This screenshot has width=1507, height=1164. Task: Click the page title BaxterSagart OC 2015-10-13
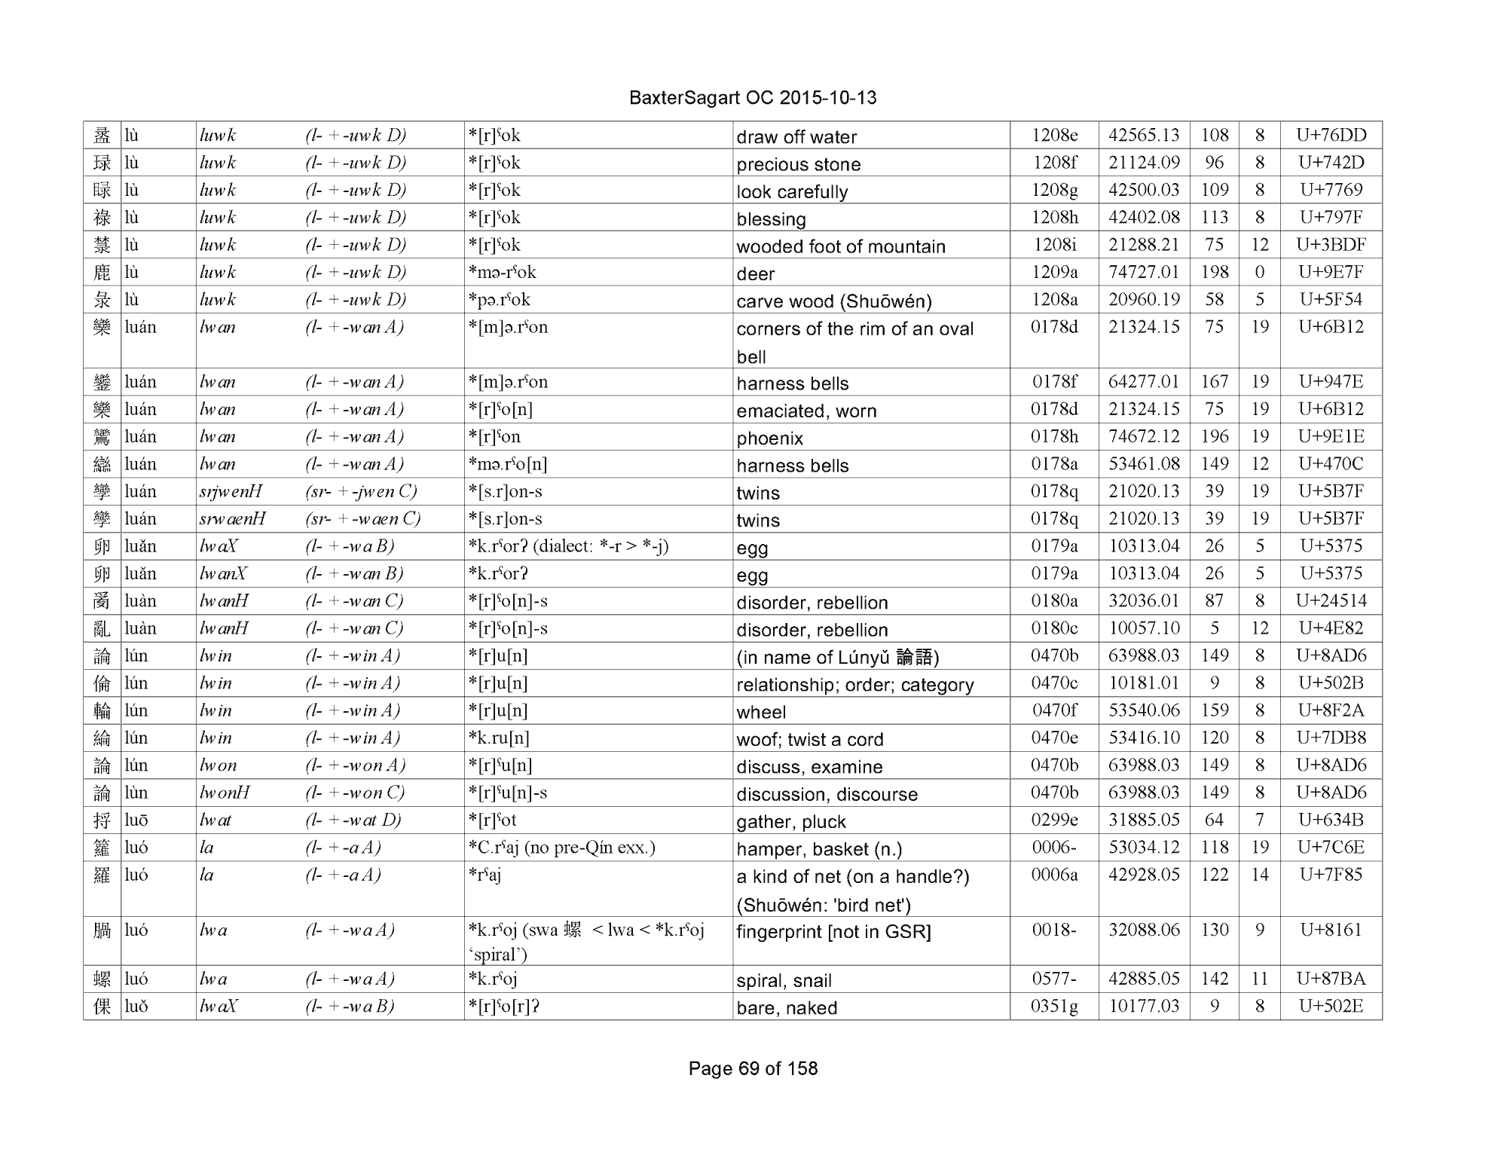[x=752, y=98]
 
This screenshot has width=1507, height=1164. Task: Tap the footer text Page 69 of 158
[x=752, y=1068]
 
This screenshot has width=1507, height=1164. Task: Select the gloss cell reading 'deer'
[x=756, y=273]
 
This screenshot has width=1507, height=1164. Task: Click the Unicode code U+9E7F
[x=1331, y=272]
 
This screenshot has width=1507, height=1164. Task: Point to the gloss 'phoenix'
[x=769, y=438]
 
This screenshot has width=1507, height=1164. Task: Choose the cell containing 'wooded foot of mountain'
[x=840, y=246]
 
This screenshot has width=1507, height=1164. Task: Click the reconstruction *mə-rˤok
[x=502, y=272]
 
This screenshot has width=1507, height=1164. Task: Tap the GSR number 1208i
[x=1054, y=245]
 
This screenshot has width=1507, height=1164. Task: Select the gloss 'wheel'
[x=761, y=712]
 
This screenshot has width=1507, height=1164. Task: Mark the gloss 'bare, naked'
[x=787, y=1007]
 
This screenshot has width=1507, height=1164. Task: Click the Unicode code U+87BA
[x=1331, y=979]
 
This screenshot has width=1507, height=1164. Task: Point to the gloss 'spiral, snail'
[x=784, y=980]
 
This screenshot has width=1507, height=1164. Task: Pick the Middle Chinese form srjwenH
[x=231, y=492]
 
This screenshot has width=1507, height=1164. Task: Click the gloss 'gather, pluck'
[x=790, y=821]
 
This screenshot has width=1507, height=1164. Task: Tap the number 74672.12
[x=1143, y=436]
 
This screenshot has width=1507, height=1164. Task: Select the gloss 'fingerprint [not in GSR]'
[x=833, y=932]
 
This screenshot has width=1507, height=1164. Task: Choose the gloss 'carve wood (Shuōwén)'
[x=833, y=301]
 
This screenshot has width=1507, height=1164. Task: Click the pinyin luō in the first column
[x=136, y=820]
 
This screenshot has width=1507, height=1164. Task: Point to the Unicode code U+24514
[x=1331, y=600]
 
